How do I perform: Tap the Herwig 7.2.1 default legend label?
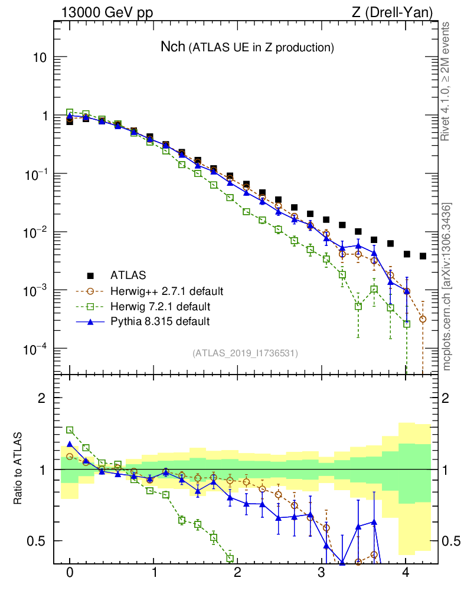[160, 307]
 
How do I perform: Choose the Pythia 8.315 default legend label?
[160, 322]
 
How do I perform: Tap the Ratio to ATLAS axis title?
[18, 469]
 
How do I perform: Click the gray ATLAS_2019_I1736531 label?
[245, 353]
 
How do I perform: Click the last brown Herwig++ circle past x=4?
[423, 319]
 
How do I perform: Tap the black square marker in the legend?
[90, 275]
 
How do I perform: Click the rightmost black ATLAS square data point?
[423, 256]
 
